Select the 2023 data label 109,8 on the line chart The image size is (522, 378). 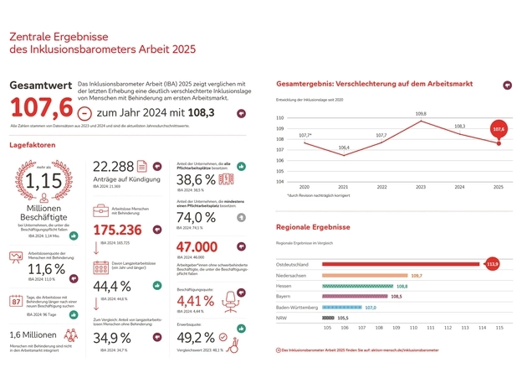(x=420, y=113)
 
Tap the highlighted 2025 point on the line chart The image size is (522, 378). (x=499, y=142)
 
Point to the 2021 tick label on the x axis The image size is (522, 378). (x=343, y=187)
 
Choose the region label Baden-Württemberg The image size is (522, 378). (x=297, y=308)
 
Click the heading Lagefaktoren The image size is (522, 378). (x=33, y=144)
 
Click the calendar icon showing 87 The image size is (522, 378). (x=17, y=302)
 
